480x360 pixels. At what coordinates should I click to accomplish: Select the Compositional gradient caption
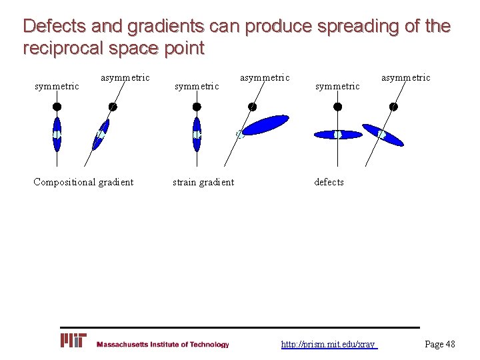pyautogui.click(x=83, y=182)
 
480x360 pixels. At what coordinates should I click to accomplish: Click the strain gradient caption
pyautogui.click(x=203, y=182)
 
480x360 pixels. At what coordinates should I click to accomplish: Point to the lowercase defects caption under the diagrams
pyautogui.click(x=329, y=182)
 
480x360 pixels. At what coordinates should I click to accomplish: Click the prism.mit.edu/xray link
pyautogui.click(x=329, y=344)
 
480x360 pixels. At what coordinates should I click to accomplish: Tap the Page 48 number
pyautogui.click(x=440, y=344)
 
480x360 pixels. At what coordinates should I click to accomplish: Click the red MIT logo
pyautogui.click(x=73, y=341)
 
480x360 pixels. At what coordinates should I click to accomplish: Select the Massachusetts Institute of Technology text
pyautogui.click(x=163, y=345)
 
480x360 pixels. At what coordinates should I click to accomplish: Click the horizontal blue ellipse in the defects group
pyautogui.click(x=337, y=134)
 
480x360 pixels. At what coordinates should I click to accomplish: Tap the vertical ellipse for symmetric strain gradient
pyautogui.click(x=196, y=134)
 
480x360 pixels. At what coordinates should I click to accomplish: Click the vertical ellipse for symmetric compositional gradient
pyautogui.click(x=57, y=134)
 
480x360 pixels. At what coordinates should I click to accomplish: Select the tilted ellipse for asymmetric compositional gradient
pyautogui.click(x=101, y=135)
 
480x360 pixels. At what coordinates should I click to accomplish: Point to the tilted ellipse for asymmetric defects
pyautogui.click(x=383, y=135)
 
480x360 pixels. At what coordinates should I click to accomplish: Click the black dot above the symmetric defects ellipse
pyautogui.click(x=338, y=106)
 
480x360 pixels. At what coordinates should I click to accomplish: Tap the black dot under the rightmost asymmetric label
pyautogui.click(x=393, y=106)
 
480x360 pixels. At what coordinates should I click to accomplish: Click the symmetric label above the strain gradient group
pyautogui.click(x=196, y=86)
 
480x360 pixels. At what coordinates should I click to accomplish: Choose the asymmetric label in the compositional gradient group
pyautogui.click(x=125, y=78)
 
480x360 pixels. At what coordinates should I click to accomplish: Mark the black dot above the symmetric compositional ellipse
pyautogui.click(x=57, y=106)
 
